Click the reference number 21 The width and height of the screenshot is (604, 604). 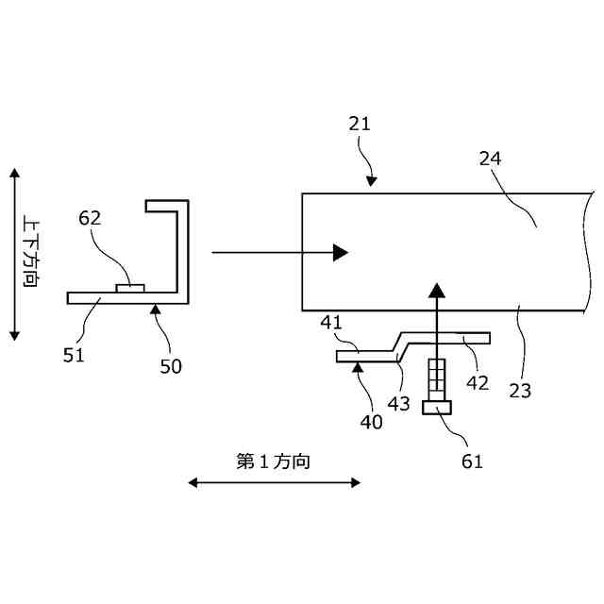pyautogui.click(x=359, y=124)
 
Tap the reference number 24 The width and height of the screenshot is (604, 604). pyautogui.click(x=490, y=159)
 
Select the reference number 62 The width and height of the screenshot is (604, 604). pyautogui.click(x=90, y=218)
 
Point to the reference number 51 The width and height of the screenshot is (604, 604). pyautogui.click(x=75, y=355)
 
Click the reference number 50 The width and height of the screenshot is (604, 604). pyautogui.click(x=171, y=366)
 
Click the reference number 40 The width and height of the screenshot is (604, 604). pyautogui.click(x=371, y=422)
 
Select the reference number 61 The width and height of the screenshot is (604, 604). pyautogui.click(x=472, y=461)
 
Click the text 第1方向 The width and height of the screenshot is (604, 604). pyautogui.click(x=274, y=461)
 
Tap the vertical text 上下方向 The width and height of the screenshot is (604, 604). pyautogui.click(x=29, y=254)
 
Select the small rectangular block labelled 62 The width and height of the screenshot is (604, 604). pyautogui.click(x=129, y=287)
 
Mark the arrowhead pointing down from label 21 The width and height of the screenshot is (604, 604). pyautogui.click(x=373, y=179)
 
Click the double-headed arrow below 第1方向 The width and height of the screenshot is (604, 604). pyautogui.click(x=274, y=482)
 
